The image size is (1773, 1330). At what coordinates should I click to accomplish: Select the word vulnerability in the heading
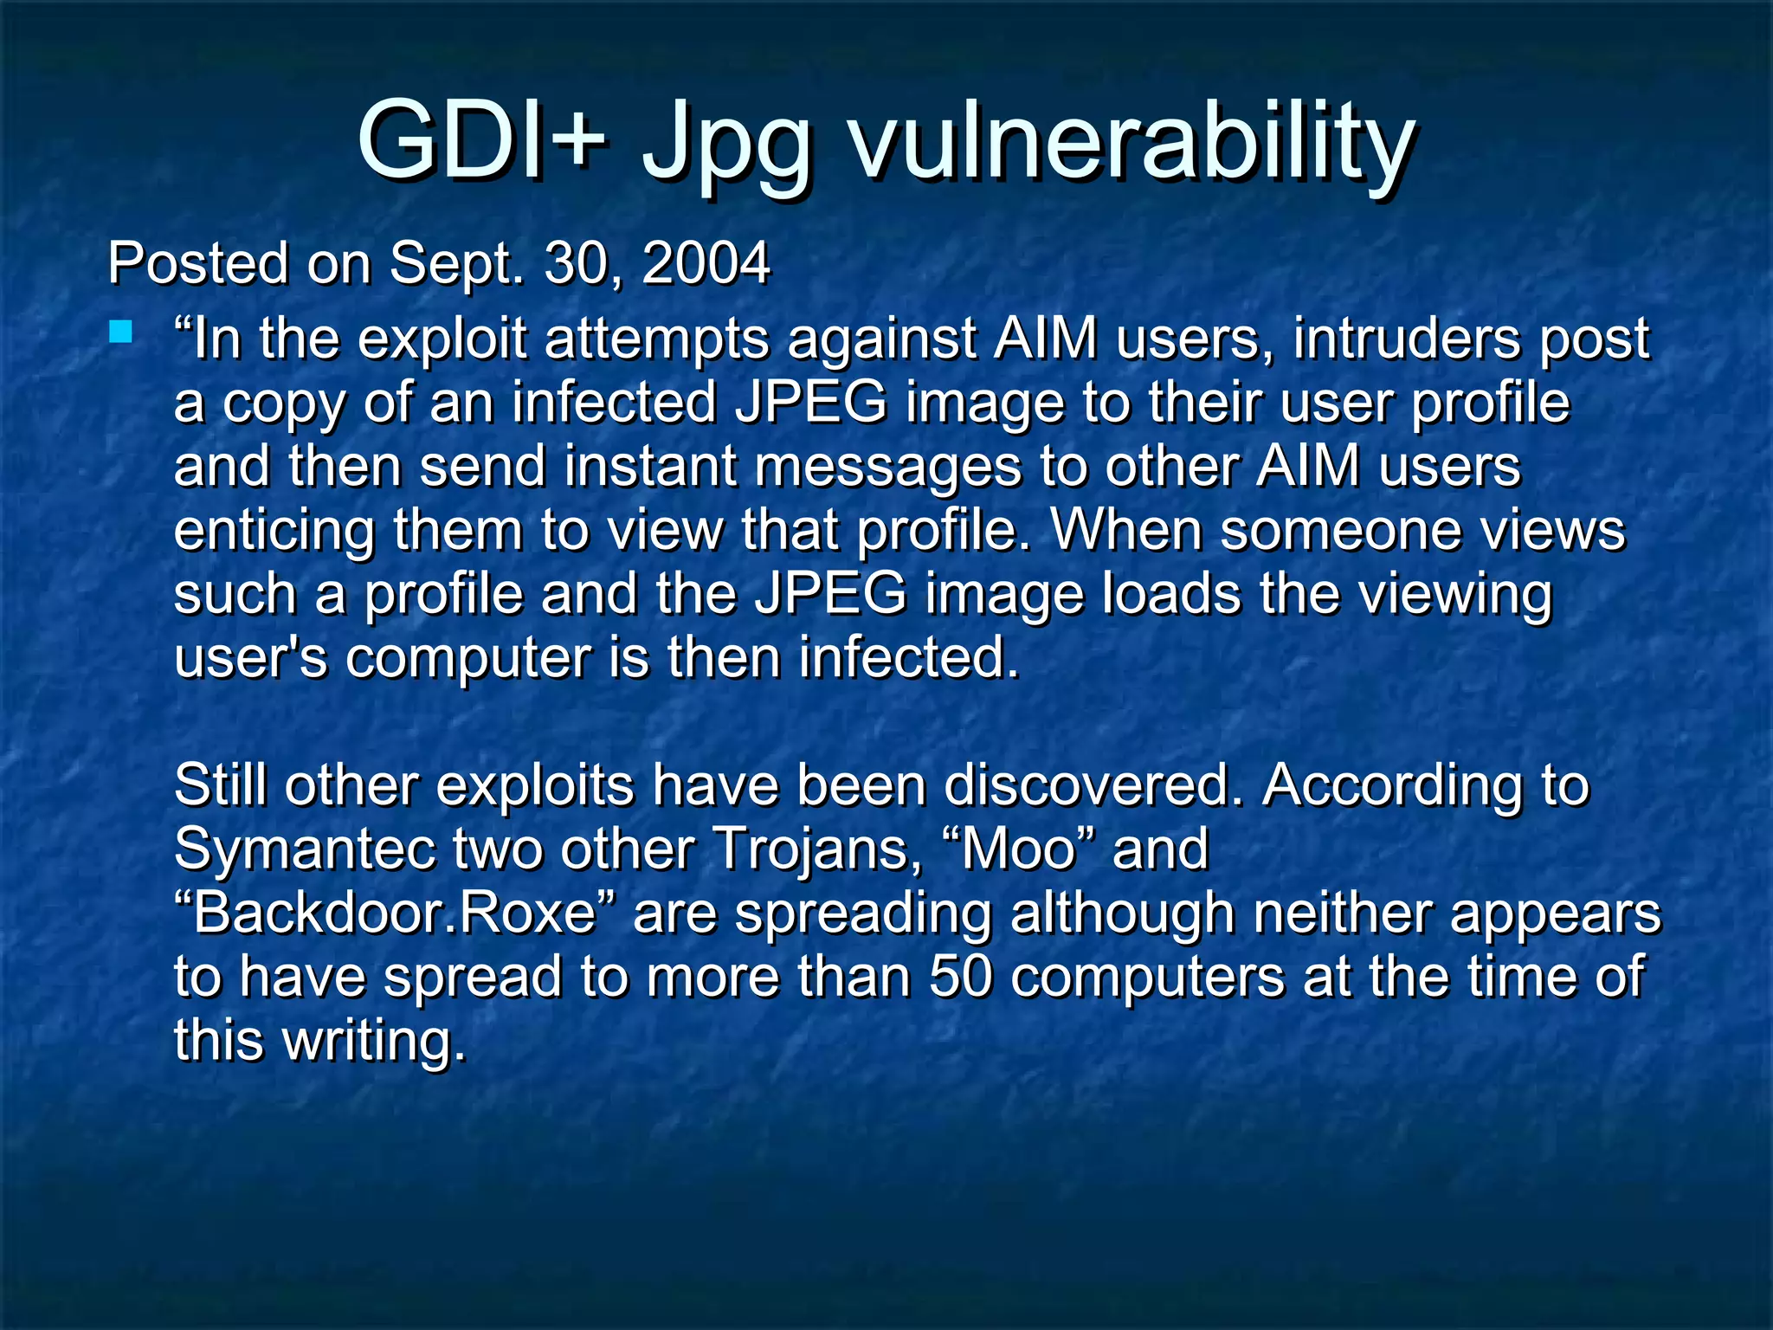pyautogui.click(x=1131, y=144)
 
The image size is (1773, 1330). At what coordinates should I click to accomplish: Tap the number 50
pyautogui.click(x=960, y=977)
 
